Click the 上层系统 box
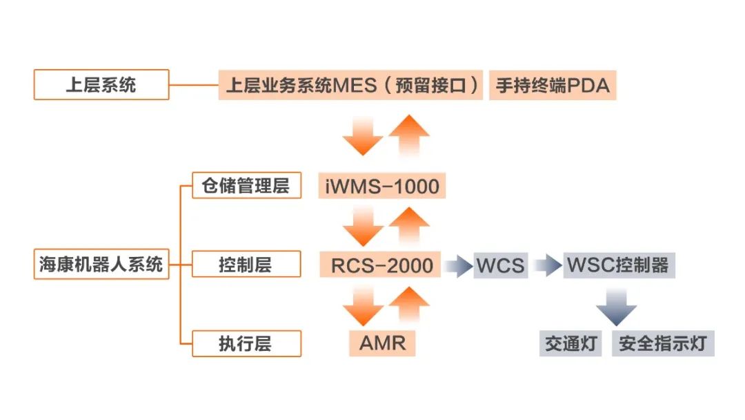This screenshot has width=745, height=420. coord(101,85)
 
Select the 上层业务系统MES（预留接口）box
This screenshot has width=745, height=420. coord(350,85)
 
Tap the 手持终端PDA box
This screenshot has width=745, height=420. coord(553,85)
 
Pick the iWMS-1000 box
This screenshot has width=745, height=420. coord(382,185)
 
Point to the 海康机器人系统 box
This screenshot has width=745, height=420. coord(101,264)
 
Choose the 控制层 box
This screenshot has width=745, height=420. coord(246,264)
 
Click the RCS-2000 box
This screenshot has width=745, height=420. coord(381,265)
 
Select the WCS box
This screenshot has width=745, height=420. coord(501,265)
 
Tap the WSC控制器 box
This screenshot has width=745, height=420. coord(618,265)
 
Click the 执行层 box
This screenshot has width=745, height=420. coord(246,343)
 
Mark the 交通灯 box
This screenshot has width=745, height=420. coord(570,343)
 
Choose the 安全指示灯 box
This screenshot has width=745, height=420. coord(663,343)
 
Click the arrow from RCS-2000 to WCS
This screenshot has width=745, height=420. coord(458,265)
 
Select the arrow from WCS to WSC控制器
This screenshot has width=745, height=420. coord(548,265)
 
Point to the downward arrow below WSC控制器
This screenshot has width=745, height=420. coord(616,306)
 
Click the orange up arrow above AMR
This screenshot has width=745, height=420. coord(410,306)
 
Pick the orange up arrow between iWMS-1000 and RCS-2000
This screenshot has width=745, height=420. coord(410,225)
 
